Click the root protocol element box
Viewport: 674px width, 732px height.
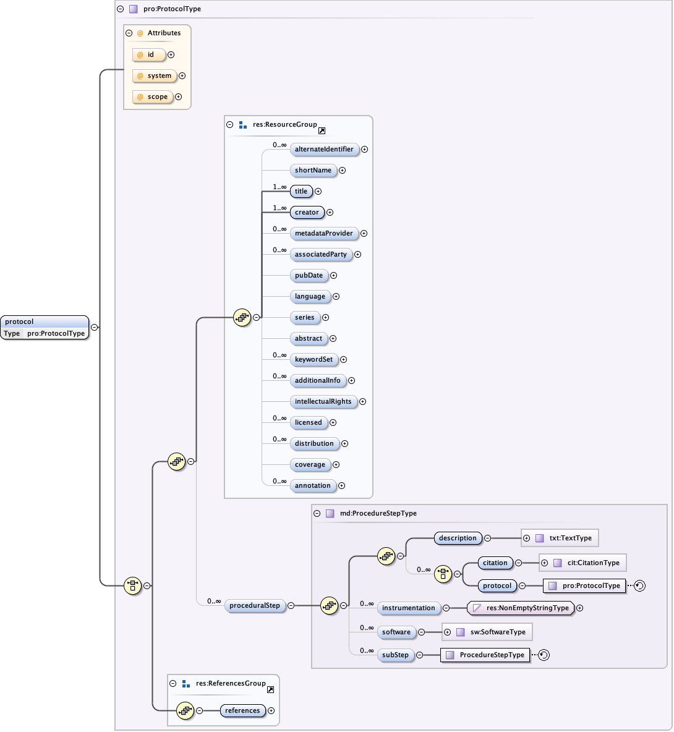click(45, 327)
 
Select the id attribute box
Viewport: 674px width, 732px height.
click(149, 55)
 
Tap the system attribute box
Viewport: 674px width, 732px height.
click(155, 76)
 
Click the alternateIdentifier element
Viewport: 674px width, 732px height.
click(324, 150)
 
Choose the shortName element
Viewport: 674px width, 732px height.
click(313, 171)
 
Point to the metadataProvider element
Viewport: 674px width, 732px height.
click(323, 234)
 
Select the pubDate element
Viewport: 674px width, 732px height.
click(309, 276)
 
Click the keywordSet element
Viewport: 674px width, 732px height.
click(314, 360)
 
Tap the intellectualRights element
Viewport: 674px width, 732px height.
click(323, 402)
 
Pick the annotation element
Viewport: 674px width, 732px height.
click(312, 486)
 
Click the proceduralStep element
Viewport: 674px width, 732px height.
click(254, 606)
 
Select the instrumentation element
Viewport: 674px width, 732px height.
click(408, 608)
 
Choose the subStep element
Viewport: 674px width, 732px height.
click(395, 655)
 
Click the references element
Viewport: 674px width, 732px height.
click(242, 711)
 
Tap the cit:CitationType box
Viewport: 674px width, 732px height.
click(587, 563)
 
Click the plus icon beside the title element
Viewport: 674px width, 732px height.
click(318, 192)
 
